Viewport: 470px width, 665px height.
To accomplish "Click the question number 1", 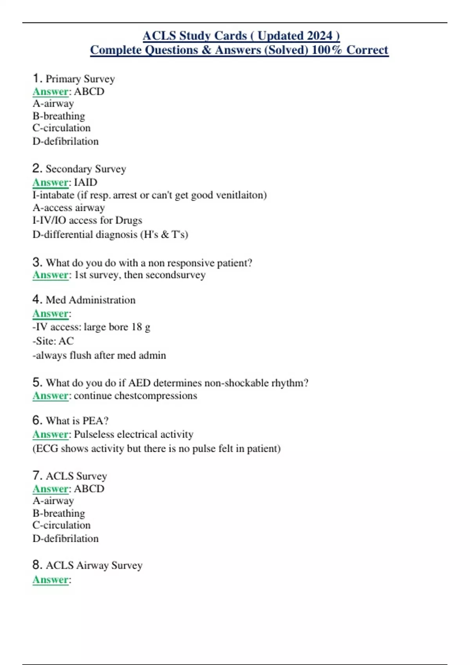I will (x=37, y=78).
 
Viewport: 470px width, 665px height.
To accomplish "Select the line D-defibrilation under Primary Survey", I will (x=65, y=141).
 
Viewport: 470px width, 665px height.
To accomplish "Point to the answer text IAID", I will (x=85, y=182).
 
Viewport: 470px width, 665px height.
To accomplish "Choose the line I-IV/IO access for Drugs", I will (x=87, y=220).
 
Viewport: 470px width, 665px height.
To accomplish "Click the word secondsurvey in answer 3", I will (x=175, y=275).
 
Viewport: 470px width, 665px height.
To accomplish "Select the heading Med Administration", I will (x=90, y=300).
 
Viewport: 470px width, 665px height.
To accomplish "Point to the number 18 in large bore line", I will (x=136, y=327).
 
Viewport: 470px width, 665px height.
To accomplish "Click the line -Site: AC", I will (x=53, y=341).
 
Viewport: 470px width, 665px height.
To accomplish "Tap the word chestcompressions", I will (x=156, y=395).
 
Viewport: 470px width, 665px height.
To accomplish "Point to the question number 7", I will (x=37, y=475).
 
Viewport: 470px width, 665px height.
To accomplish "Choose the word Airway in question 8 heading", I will (x=92, y=565).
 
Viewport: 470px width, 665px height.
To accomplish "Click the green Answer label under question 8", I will (x=51, y=580).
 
